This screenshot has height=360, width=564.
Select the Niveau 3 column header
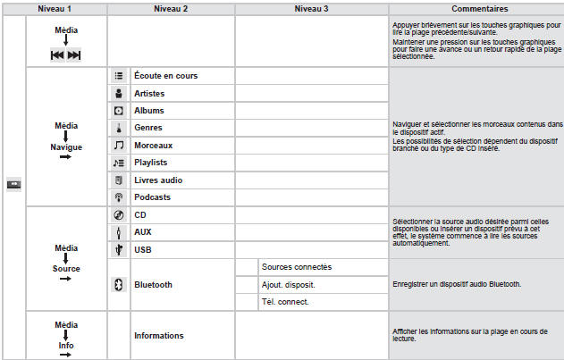point(311,8)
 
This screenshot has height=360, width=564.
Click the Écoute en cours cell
point(165,76)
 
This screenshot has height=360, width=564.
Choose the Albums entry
point(150,111)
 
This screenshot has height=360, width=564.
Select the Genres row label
point(150,128)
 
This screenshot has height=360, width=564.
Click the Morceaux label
point(154,146)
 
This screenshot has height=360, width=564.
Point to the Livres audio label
point(158,180)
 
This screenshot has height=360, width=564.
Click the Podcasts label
point(153,197)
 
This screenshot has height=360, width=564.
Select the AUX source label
point(144,232)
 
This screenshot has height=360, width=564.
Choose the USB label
point(143,250)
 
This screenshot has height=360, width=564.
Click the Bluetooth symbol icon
point(118,285)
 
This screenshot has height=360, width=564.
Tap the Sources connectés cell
point(297,267)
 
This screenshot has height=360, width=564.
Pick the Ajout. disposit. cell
point(288,285)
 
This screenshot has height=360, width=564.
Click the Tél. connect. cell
point(285,302)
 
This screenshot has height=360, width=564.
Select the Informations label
point(159,336)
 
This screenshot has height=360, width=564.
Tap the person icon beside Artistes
point(118,94)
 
